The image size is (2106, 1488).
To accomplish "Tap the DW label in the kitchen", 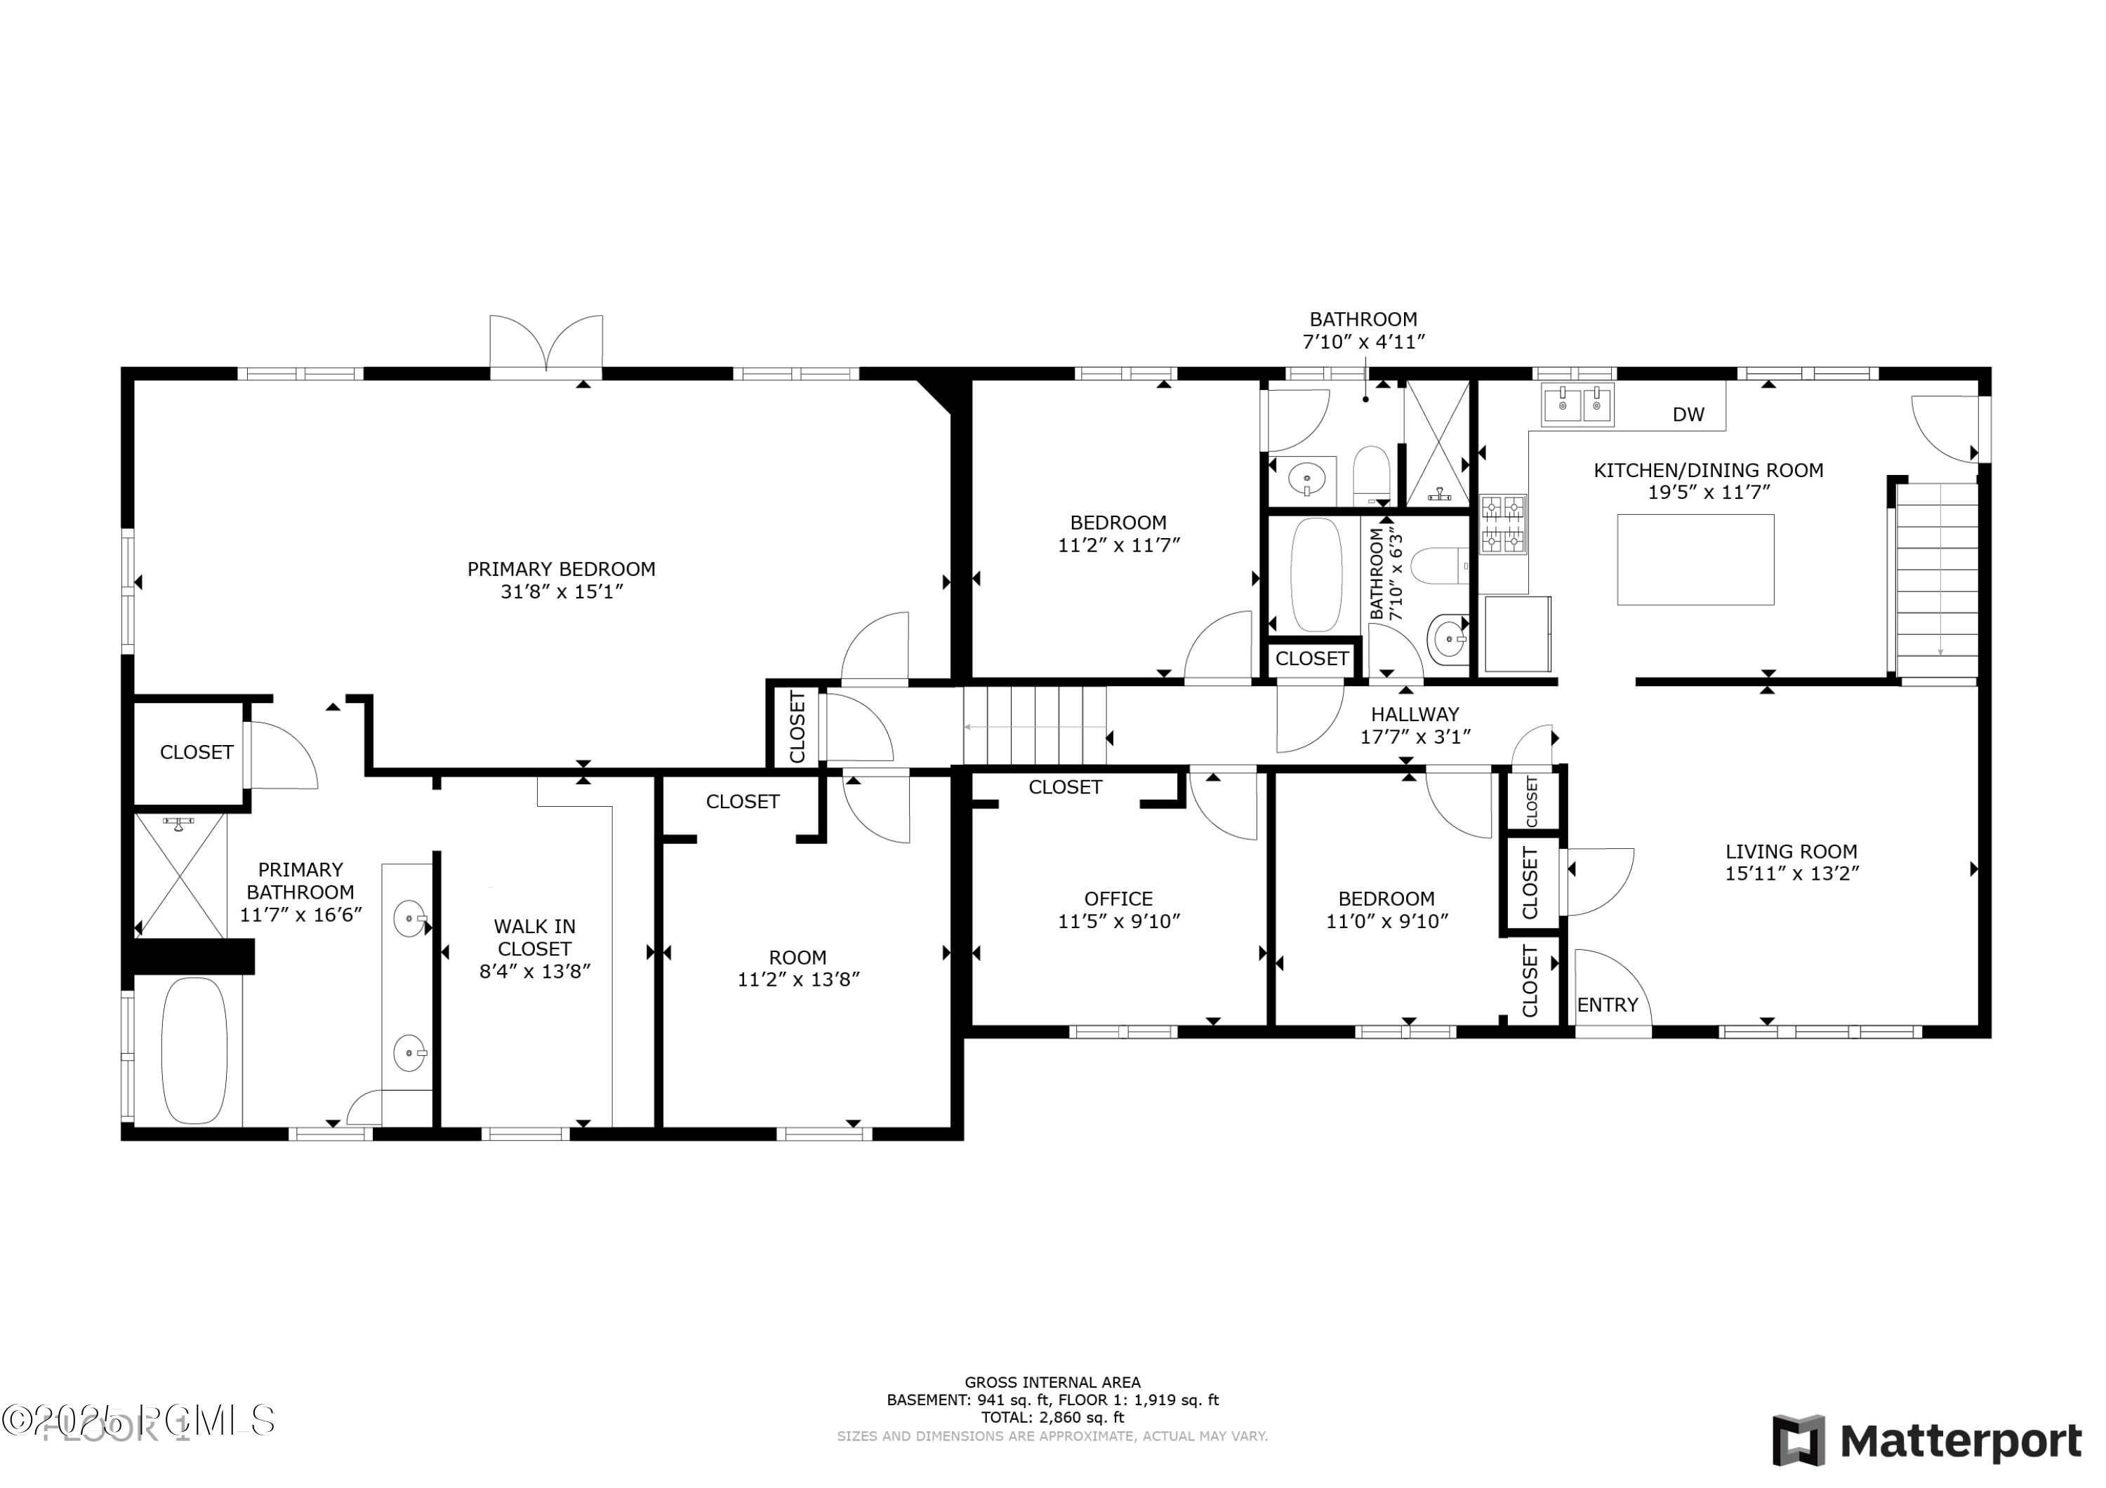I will pyautogui.click(x=1688, y=415).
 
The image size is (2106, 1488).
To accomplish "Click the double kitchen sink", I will pyautogui.click(x=1577, y=404).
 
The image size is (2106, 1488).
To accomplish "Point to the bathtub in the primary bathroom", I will pyautogui.click(x=194, y=1051).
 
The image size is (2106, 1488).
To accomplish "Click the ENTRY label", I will pyautogui.click(x=1607, y=1005).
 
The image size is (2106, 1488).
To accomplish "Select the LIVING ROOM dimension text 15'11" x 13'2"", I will pyautogui.click(x=1792, y=873).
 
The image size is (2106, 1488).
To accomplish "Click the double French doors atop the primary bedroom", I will pyautogui.click(x=547, y=344).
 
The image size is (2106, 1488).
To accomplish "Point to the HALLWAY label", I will pyautogui.click(x=1415, y=714).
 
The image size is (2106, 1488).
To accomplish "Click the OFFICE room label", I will pyautogui.click(x=1118, y=899).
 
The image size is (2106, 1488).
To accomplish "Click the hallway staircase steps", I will pyautogui.click(x=1035, y=725).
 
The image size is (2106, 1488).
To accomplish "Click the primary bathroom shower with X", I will pyautogui.click(x=180, y=876).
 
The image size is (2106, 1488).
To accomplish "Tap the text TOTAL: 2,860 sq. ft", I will pyautogui.click(x=1052, y=1417).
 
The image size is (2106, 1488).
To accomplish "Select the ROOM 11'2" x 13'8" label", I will pyautogui.click(x=798, y=968).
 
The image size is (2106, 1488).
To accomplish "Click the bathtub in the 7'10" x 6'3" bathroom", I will pyautogui.click(x=1316, y=575).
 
